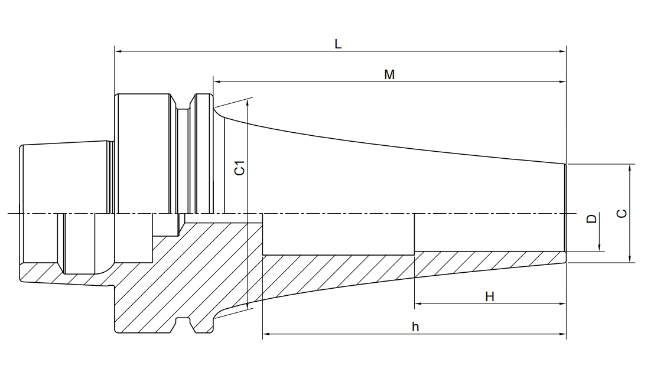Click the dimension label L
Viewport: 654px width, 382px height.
(338, 44)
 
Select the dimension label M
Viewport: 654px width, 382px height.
(389, 74)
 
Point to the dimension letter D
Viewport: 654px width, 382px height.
(591, 219)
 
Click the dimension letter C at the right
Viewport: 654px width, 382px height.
(622, 213)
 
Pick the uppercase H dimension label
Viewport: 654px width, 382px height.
(489, 296)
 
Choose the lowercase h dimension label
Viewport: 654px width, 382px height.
(415, 327)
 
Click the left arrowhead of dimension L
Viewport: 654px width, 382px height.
(117, 52)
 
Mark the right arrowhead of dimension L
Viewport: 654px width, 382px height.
(563, 52)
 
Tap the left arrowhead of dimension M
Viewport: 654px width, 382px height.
(217, 81)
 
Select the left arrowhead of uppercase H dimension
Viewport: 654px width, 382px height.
(418, 304)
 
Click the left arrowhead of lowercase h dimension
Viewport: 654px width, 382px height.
(265, 334)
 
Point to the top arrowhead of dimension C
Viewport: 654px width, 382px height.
(630, 167)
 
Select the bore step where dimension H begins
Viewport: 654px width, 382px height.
(415, 252)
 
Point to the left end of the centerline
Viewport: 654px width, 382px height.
(9, 213)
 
